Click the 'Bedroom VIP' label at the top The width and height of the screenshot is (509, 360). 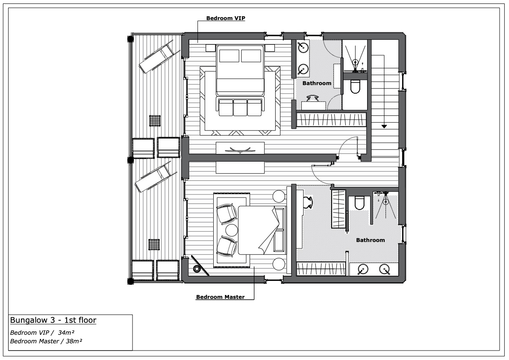click(x=226, y=18)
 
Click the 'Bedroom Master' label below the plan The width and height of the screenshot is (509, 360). click(x=220, y=297)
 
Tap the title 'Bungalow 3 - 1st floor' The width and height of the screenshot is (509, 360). click(x=53, y=320)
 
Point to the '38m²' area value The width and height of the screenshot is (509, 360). click(x=74, y=341)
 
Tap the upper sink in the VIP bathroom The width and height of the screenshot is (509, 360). click(x=303, y=47)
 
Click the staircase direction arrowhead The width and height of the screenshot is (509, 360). click(x=384, y=126)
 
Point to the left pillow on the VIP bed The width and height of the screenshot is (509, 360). click(x=229, y=56)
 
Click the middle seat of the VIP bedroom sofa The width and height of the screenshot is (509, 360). click(x=240, y=107)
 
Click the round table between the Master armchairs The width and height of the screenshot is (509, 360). click(x=232, y=230)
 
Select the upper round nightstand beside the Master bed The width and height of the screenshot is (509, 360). click(x=279, y=196)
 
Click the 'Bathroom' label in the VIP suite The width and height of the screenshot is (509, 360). click(x=317, y=83)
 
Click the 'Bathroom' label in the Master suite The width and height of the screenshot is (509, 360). click(x=371, y=240)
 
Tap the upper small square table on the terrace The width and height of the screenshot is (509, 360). click(x=155, y=121)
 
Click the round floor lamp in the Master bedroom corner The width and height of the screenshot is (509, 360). click(x=197, y=269)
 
